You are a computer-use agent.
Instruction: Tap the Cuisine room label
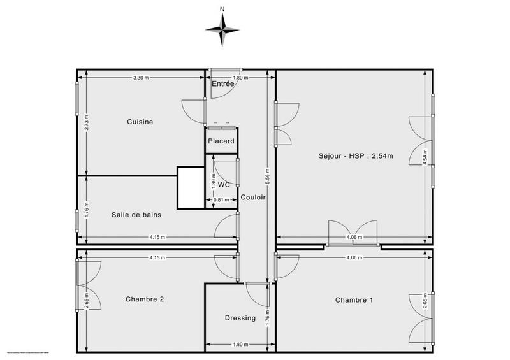[140, 122]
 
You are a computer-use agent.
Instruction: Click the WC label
[224, 184]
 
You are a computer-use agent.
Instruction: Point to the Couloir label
[253, 197]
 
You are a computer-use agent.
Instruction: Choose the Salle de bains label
[136, 215]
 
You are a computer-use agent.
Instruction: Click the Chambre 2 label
[144, 299]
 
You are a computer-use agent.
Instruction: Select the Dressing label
[240, 318]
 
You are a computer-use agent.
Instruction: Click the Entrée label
[223, 83]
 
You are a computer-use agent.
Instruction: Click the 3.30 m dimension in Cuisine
[141, 78]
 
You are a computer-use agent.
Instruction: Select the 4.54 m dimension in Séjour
[425, 157]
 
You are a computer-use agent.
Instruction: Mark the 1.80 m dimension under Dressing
[240, 345]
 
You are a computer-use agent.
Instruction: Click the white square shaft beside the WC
[191, 187]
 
